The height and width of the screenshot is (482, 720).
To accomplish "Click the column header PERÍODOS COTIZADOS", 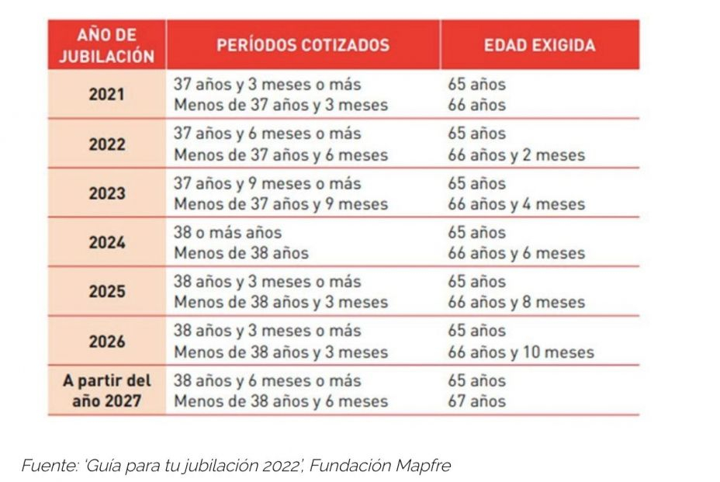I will (303, 44).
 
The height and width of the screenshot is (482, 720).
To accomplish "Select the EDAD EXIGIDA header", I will (539, 44).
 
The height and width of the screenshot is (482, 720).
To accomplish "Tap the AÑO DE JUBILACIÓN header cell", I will (107, 45).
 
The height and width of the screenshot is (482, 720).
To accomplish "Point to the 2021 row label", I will (107, 95).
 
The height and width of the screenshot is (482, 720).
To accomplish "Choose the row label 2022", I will (107, 144).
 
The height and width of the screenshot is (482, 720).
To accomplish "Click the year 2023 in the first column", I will (107, 194).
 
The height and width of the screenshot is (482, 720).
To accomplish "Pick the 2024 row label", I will (107, 243).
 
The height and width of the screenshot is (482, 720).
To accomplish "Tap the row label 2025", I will (107, 293).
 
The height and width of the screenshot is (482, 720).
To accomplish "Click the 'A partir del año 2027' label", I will (107, 391).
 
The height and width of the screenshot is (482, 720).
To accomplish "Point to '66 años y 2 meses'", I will (516, 155).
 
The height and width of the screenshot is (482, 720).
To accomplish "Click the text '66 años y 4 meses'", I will (516, 205).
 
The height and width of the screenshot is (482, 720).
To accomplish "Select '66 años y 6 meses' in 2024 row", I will (516, 254).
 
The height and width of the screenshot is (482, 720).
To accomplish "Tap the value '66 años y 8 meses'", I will (516, 303).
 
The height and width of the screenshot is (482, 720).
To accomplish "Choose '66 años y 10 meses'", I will (521, 352).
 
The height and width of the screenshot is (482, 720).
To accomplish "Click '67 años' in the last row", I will (476, 401).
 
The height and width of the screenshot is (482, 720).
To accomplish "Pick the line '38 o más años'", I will (227, 232).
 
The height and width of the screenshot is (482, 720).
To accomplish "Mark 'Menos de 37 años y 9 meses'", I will (280, 205).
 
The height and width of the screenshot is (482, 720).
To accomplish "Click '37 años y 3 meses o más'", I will (267, 84).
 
